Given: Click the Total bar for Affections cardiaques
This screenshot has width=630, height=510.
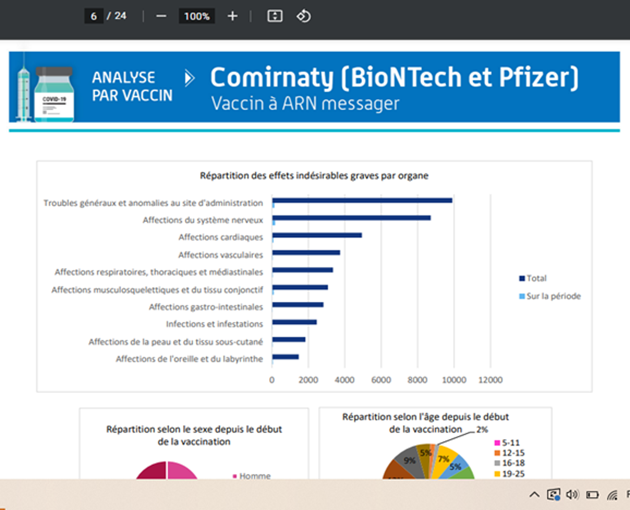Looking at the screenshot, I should (x=317, y=235).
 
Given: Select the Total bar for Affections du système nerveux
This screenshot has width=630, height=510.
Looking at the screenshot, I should (x=351, y=218).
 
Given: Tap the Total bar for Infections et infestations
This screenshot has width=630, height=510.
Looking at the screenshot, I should (x=294, y=322).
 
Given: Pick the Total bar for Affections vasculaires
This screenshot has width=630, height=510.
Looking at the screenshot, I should (x=306, y=252).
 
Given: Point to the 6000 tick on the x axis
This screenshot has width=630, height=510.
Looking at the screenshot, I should (x=381, y=380).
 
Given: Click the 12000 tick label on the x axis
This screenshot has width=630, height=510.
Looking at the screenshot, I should (x=490, y=380).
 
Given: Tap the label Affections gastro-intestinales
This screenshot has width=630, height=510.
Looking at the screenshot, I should (x=206, y=307).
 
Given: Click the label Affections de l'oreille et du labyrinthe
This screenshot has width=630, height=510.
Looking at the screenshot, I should (x=189, y=359).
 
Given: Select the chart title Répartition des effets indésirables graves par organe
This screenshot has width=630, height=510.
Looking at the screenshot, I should (x=314, y=176).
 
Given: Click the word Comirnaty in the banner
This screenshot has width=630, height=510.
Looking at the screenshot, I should (x=272, y=77).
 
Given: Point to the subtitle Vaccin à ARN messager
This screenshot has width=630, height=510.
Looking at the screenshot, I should (x=305, y=104).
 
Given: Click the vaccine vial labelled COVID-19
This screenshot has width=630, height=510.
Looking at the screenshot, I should (x=54, y=95).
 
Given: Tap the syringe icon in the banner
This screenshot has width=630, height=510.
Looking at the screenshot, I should (x=24, y=93).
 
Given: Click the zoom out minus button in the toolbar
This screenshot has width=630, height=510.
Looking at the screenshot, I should (x=161, y=16).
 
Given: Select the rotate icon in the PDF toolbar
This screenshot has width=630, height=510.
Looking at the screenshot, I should (x=303, y=16).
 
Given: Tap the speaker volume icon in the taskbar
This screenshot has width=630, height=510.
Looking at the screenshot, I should (x=572, y=495).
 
